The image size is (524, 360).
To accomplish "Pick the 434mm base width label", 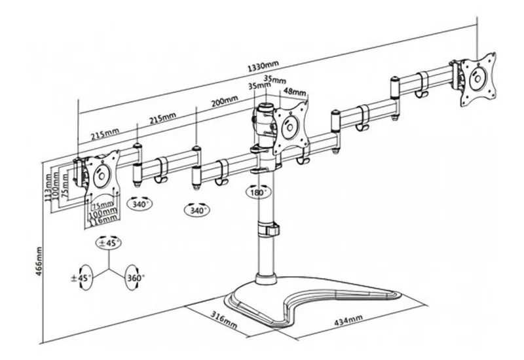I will click(x=346, y=320).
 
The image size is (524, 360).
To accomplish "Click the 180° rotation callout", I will click(x=257, y=193).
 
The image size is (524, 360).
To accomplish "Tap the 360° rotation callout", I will click(x=136, y=278).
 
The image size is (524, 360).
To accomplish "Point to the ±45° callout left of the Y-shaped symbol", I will click(x=84, y=278).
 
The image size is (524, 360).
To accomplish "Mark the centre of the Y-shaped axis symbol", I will click(x=109, y=269).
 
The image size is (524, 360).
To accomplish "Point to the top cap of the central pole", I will click(x=266, y=105).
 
